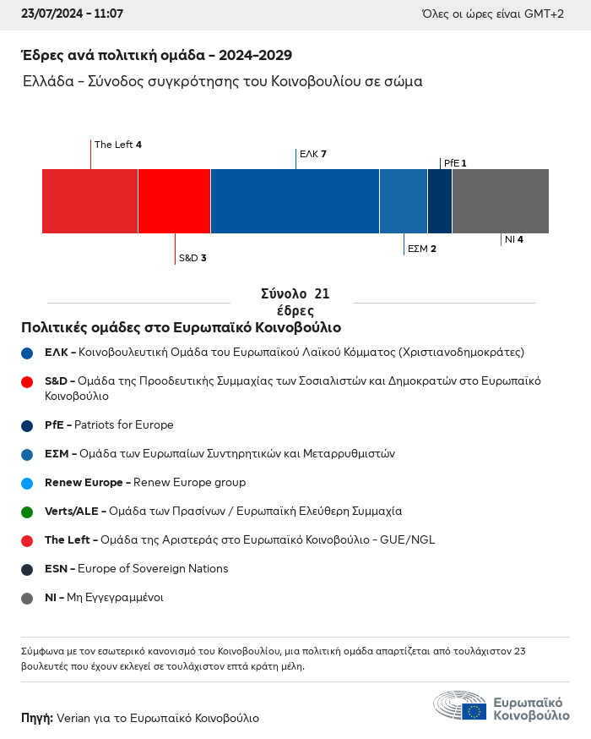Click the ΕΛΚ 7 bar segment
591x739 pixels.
point(295,201)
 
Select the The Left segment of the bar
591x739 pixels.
point(89,201)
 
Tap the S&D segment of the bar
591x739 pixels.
point(174,201)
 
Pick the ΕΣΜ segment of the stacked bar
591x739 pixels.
point(404,201)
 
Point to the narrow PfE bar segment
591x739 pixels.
point(440,201)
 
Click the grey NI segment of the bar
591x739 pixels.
point(501,201)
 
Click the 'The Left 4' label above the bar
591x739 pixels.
point(118,145)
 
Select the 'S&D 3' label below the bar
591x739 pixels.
point(192,258)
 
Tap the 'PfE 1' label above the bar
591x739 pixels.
point(454,162)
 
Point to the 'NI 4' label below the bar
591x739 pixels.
point(514,239)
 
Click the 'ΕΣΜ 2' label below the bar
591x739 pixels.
point(421,249)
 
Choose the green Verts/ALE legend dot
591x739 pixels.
point(27,512)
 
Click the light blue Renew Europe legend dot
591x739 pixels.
point(27,483)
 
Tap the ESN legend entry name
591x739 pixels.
point(57,569)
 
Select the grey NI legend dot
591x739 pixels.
point(27,598)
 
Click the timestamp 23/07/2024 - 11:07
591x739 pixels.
point(72,14)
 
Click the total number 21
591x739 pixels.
point(322,294)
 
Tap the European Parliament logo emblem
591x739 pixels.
point(460,707)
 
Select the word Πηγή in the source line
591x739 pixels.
point(36,718)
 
